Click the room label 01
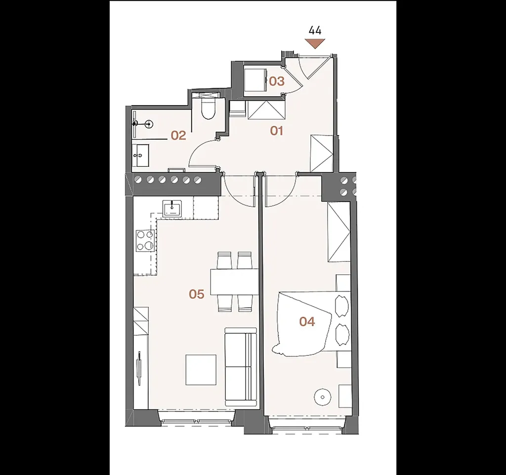coord(277,131)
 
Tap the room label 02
coord(178,136)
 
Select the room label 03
coord(277,81)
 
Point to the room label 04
coord(307,322)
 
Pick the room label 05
coord(197,294)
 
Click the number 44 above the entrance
coord(315,31)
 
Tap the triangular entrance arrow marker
coord(315,43)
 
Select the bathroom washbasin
coord(140,155)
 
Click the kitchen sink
coord(172,209)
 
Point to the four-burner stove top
coord(145,241)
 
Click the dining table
coord(234,282)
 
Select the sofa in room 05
coord(241,367)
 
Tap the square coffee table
coord(201,370)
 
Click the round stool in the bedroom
coord(323,397)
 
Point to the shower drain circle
coord(149,123)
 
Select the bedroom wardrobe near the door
coord(339,232)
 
